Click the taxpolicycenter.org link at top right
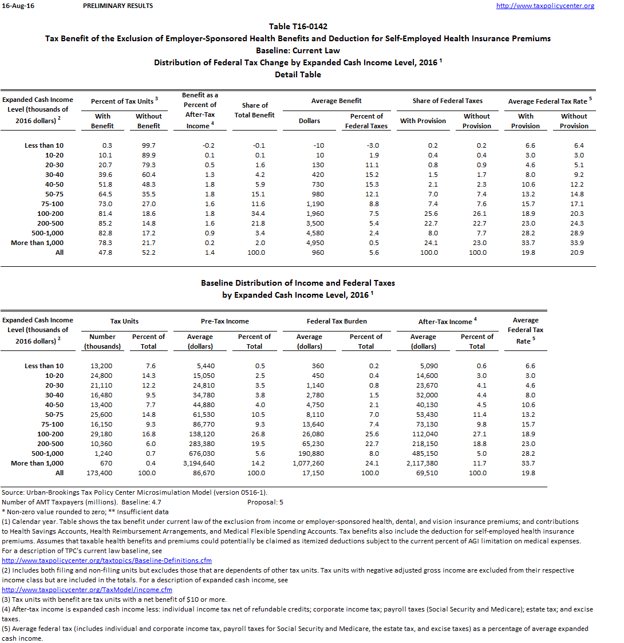click(x=545, y=6)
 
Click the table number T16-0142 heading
click(x=298, y=26)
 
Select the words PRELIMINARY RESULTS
click(x=118, y=6)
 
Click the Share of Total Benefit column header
click(x=255, y=110)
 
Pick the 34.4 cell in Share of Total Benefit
click(x=259, y=214)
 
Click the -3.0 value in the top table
click(x=372, y=145)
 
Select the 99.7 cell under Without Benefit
click(x=148, y=145)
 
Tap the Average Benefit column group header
click(x=337, y=101)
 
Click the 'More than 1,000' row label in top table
click(x=37, y=243)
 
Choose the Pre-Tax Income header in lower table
click(x=225, y=321)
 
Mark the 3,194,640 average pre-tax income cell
click(x=200, y=463)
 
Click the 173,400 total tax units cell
click(x=101, y=473)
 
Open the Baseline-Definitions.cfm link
click(x=107, y=561)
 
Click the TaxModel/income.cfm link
click(x=87, y=590)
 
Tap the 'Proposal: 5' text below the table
click(x=265, y=502)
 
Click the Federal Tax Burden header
click(x=337, y=321)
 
